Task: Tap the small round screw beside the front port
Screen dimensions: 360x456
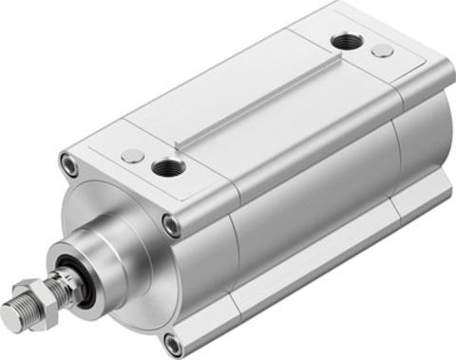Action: tap(133, 154)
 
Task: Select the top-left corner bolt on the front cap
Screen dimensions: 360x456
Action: tap(70, 164)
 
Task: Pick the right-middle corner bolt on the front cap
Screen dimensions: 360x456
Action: tap(171, 225)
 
